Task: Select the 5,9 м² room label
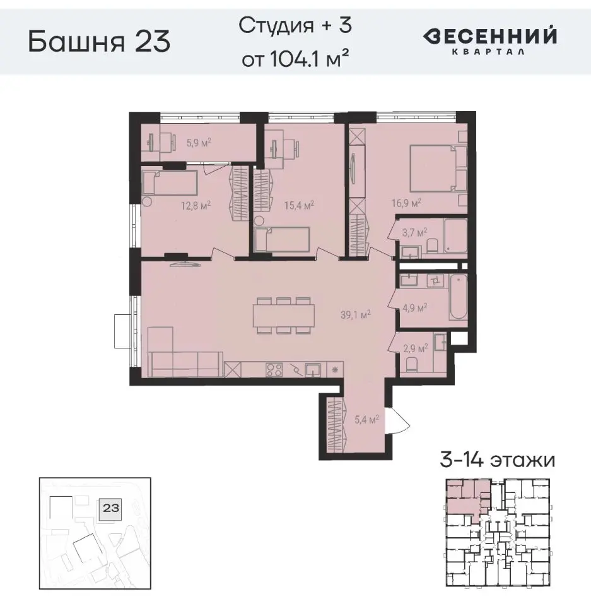(x=198, y=143)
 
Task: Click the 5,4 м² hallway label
(x=367, y=419)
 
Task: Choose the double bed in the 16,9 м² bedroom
(x=432, y=168)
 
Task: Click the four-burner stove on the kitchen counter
(x=274, y=370)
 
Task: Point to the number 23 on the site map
(x=111, y=506)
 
